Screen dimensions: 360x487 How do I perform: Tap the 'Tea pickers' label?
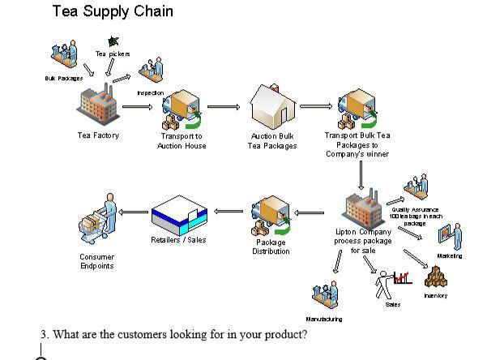tap(113, 54)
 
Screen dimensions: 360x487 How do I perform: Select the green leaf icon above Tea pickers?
tap(113, 41)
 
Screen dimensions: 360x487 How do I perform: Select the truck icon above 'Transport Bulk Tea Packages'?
tap(356, 109)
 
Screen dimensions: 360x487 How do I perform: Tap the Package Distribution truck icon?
tap(271, 214)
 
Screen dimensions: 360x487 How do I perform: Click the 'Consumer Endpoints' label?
tap(96, 261)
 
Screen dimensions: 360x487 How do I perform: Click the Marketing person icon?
tap(450, 236)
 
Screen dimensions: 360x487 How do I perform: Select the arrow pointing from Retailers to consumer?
tap(134, 212)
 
